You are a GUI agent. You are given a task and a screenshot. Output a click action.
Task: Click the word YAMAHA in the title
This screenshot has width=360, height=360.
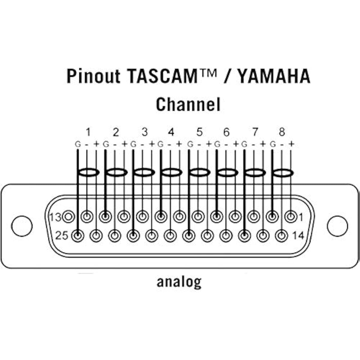coord(274,76)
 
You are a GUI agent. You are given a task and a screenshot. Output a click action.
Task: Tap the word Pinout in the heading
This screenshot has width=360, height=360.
coord(93,76)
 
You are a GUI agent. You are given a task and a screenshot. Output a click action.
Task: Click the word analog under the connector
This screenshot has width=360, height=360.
coord(179,282)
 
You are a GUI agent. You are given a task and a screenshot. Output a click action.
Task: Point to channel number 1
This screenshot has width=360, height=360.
coord(88,132)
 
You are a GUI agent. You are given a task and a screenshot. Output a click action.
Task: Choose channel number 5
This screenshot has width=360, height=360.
coord(199,132)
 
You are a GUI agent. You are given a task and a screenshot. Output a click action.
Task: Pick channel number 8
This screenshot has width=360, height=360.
coord(282,132)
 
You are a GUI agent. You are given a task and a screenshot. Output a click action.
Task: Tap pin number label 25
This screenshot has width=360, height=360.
coord(62,235)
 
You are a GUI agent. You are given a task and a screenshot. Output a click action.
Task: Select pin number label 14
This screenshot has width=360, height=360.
coord(298,235)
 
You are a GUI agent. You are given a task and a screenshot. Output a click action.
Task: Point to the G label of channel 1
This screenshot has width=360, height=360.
coord(78,144)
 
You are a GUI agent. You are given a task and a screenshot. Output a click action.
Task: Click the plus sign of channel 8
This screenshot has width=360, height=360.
coord(291,144)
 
